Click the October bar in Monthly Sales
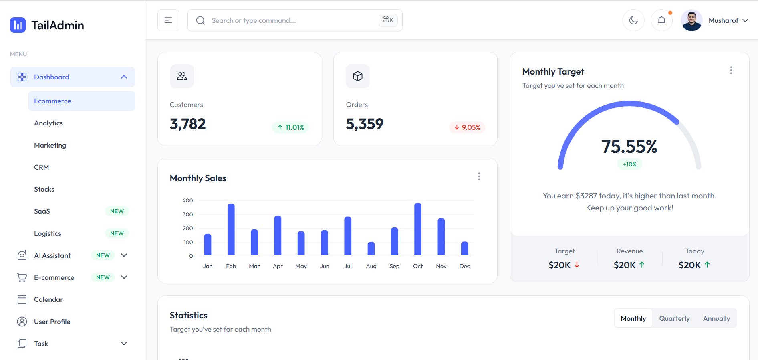418,229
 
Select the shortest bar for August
371,249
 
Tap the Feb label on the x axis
231,266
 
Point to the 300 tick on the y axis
187,214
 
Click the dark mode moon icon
633,20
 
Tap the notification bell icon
661,20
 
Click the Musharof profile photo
691,20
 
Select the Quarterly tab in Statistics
674,318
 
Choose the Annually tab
716,318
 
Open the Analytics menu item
48,123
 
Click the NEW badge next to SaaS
117,211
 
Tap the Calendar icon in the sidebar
22,299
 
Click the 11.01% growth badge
290,127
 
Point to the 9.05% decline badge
467,127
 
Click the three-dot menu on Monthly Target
731,71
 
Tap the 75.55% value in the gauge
629,147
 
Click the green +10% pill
629,164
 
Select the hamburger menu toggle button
168,20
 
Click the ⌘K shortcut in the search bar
388,20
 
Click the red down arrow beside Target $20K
577,265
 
